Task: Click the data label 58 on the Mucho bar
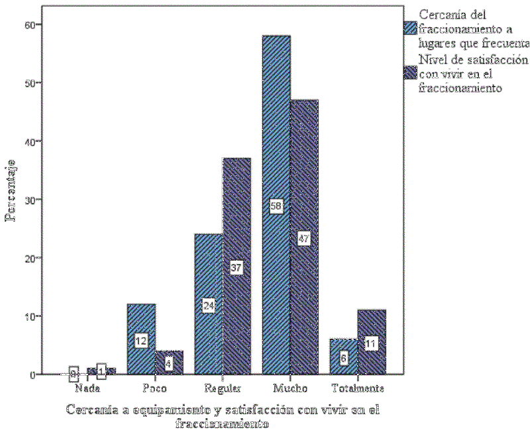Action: [x=276, y=206]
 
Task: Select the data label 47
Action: [x=304, y=239]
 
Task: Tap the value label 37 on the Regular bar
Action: [x=237, y=267]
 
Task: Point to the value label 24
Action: [x=209, y=306]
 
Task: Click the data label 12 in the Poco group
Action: [x=140, y=341]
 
